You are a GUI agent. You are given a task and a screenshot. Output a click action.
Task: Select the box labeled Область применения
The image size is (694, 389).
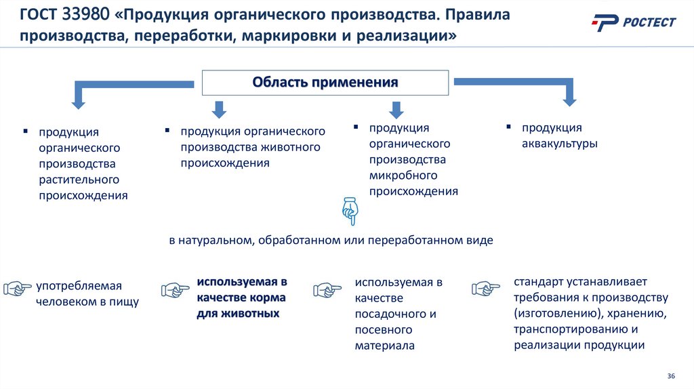[x=325, y=83]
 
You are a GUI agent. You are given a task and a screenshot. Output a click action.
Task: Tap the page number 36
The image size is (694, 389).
[x=672, y=376]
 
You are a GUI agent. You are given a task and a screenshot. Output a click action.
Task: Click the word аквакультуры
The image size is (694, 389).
[x=559, y=144]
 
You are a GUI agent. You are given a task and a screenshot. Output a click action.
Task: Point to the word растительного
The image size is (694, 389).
[x=79, y=180]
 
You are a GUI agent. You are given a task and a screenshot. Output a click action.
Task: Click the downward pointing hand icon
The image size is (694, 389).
[x=349, y=211]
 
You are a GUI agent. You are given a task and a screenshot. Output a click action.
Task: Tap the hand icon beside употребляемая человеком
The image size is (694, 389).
[x=18, y=289]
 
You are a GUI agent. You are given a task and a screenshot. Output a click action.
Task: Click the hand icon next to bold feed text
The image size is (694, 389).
[x=175, y=290]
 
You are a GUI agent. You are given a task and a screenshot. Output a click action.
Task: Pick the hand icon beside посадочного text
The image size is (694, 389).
[x=327, y=289]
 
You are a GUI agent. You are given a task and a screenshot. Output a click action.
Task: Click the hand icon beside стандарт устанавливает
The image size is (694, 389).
[x=485, y=288]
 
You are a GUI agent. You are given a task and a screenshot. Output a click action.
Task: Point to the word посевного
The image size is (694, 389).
[x=384, y=330]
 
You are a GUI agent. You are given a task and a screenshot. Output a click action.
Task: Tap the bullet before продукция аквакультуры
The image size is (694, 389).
[x=508, y=126]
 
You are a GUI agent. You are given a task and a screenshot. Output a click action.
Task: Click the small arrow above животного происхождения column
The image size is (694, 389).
[x=220, y=109]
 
